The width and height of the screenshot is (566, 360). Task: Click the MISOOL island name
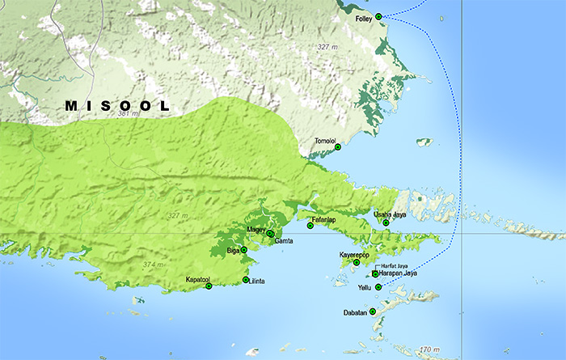click(x=118, y=106)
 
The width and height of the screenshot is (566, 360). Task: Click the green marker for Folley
click(x=378, y=16)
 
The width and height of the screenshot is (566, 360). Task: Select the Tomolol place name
click(x=325, y=141)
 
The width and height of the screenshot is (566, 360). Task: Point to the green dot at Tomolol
click(x=338, y=147)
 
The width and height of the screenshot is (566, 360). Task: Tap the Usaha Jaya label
click(x=390, y=214)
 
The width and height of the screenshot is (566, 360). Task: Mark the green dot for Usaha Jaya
click(x=386, y=222)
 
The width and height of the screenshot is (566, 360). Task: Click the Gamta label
click(x=284, y=241)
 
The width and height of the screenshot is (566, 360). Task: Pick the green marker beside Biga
click(x=244, y=251)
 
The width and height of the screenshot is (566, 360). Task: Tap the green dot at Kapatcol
click(x=208, y=286)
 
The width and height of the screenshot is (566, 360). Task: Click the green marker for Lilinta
click(x=246, y=280)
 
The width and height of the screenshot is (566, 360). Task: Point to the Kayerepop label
click(x=353, y=255)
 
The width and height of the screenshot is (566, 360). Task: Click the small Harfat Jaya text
click(x=394, y=265)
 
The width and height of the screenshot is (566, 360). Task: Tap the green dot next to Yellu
click(x=378, y=287)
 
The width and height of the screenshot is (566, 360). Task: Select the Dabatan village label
click(x=356, y=311)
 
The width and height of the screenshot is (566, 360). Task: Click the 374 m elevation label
click(x=152, y=265)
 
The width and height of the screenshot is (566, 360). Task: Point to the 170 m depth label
click(x=429, y=349)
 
